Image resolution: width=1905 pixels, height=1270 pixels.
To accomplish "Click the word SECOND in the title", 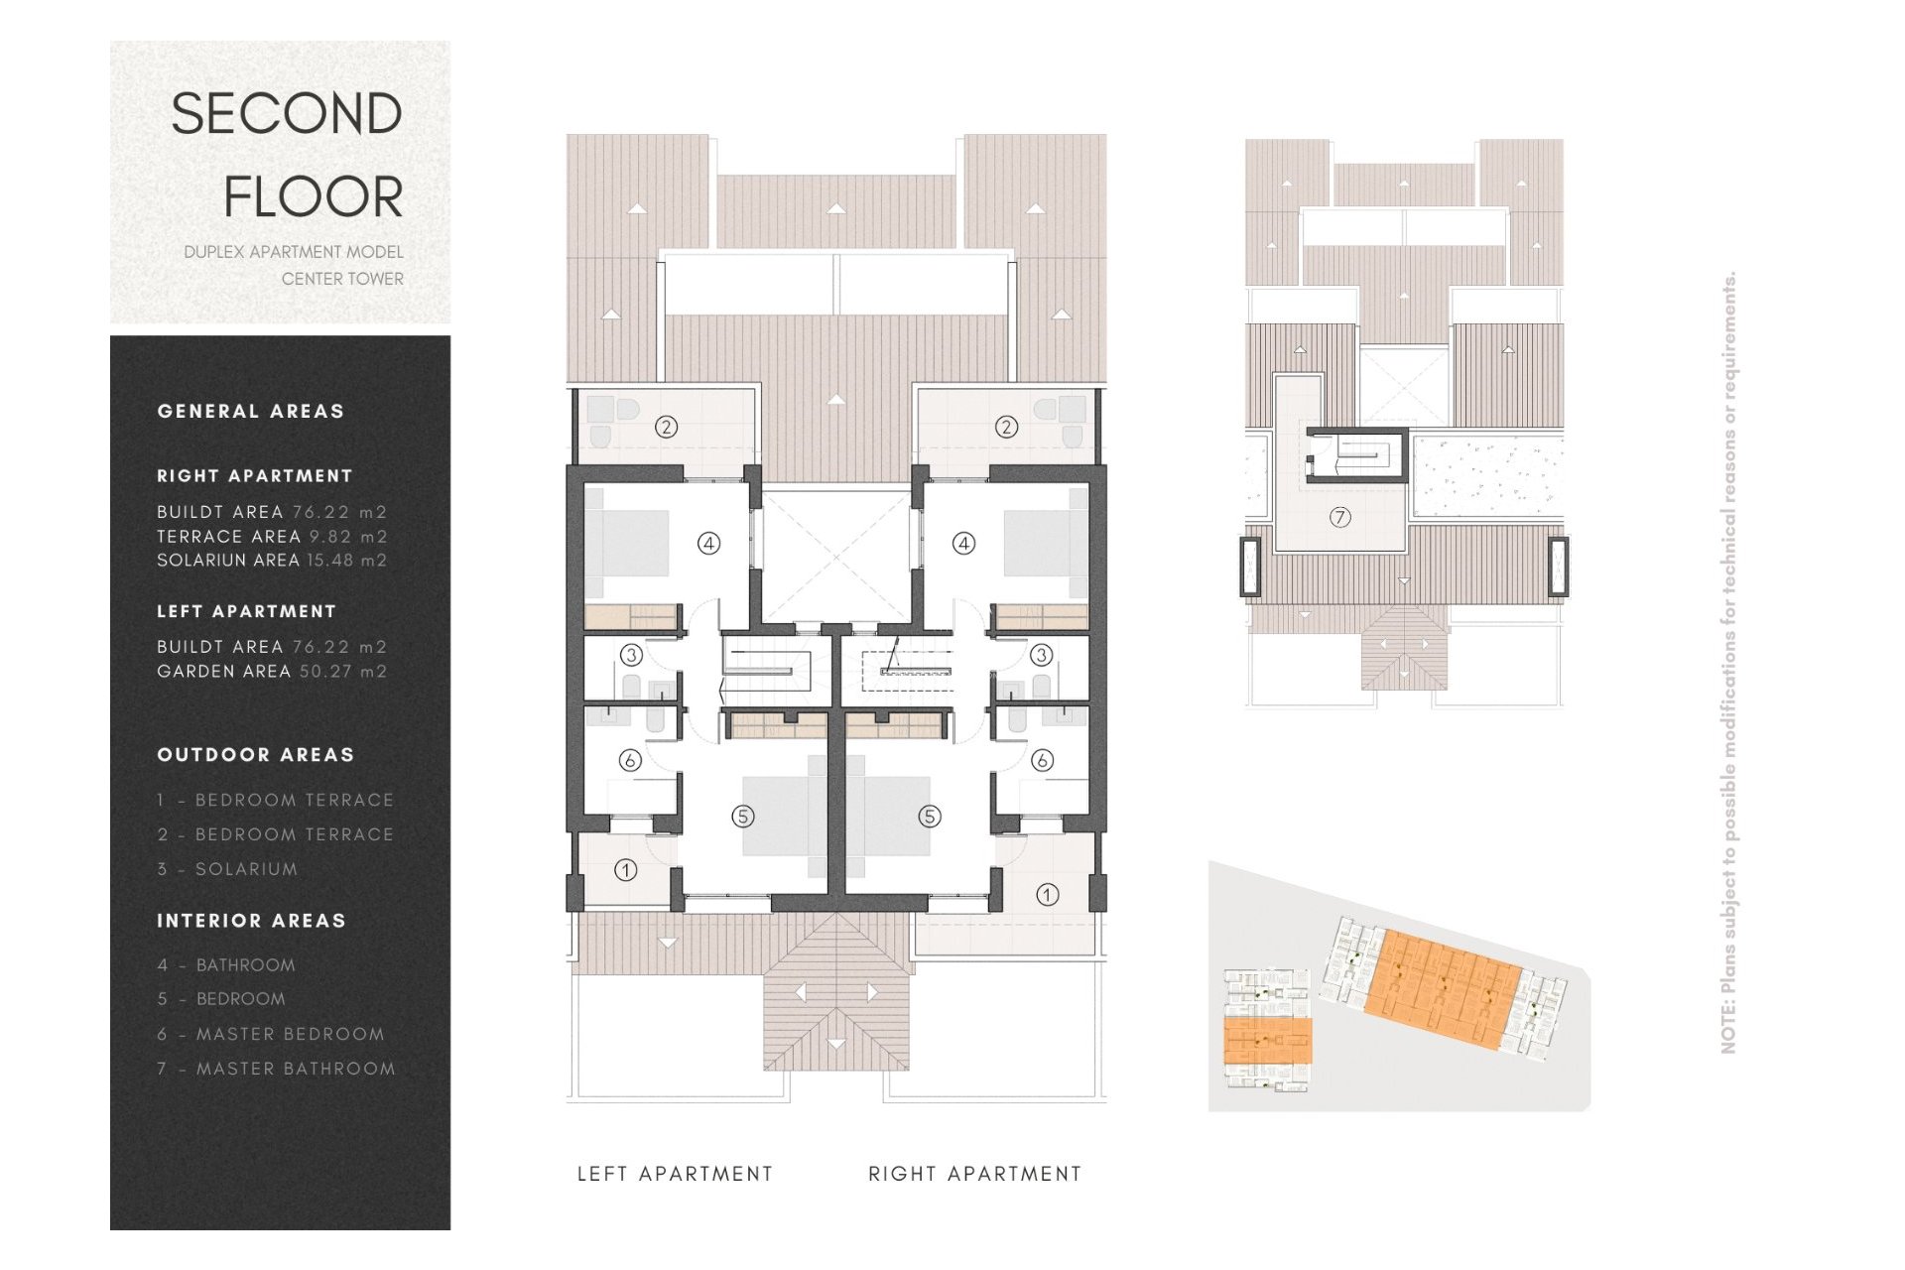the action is pyautogui.click(x=287, y=114).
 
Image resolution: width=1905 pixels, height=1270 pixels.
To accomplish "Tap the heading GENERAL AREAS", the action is pyautogui.click(x=251, y=412).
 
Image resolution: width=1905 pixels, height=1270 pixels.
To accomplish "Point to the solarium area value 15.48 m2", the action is pyautogui.click(x=347, y=561).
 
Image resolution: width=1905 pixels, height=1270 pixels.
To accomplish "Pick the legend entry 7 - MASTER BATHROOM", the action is pyautogui.click(x=276, y=1069).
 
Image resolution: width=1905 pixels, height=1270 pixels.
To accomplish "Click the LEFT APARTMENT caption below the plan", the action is pyautogui.click(x=675, y=1174).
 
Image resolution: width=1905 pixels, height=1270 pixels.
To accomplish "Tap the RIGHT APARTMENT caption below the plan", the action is pyautogui.click(x=974, y=1174).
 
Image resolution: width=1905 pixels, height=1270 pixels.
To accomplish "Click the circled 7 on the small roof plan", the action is pyautogui.click(x=1340, y=517).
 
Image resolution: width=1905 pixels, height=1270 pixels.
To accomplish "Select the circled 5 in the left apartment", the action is pyautogui.click(x=743, y=817).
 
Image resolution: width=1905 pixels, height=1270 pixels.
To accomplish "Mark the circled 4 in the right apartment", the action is pyautogui.click(x=964, y=543).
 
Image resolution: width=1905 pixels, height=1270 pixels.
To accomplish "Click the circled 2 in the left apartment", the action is pyautogui.click(x=667, y=427).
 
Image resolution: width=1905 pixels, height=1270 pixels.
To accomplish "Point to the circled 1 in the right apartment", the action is pyautogui.click(x=1047, y=895).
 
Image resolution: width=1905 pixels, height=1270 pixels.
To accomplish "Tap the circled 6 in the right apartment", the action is pyautogui.click(x=1042, y=760).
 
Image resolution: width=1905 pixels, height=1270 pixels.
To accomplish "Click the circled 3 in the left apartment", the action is pyautogui.click(x=631, y=655).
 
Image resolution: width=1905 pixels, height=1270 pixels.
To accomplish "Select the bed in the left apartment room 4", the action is pyautogui.click(x=627, y=543).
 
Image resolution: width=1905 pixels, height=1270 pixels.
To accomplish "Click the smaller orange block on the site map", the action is pyautogui.click(x=1268, y=1041).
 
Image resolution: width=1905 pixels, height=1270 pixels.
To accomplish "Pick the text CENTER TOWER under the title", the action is pyautogui.click(x=342, y=279).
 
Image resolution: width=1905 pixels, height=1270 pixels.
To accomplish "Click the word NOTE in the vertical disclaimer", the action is pyautogui.click(x=1728, y=1027).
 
